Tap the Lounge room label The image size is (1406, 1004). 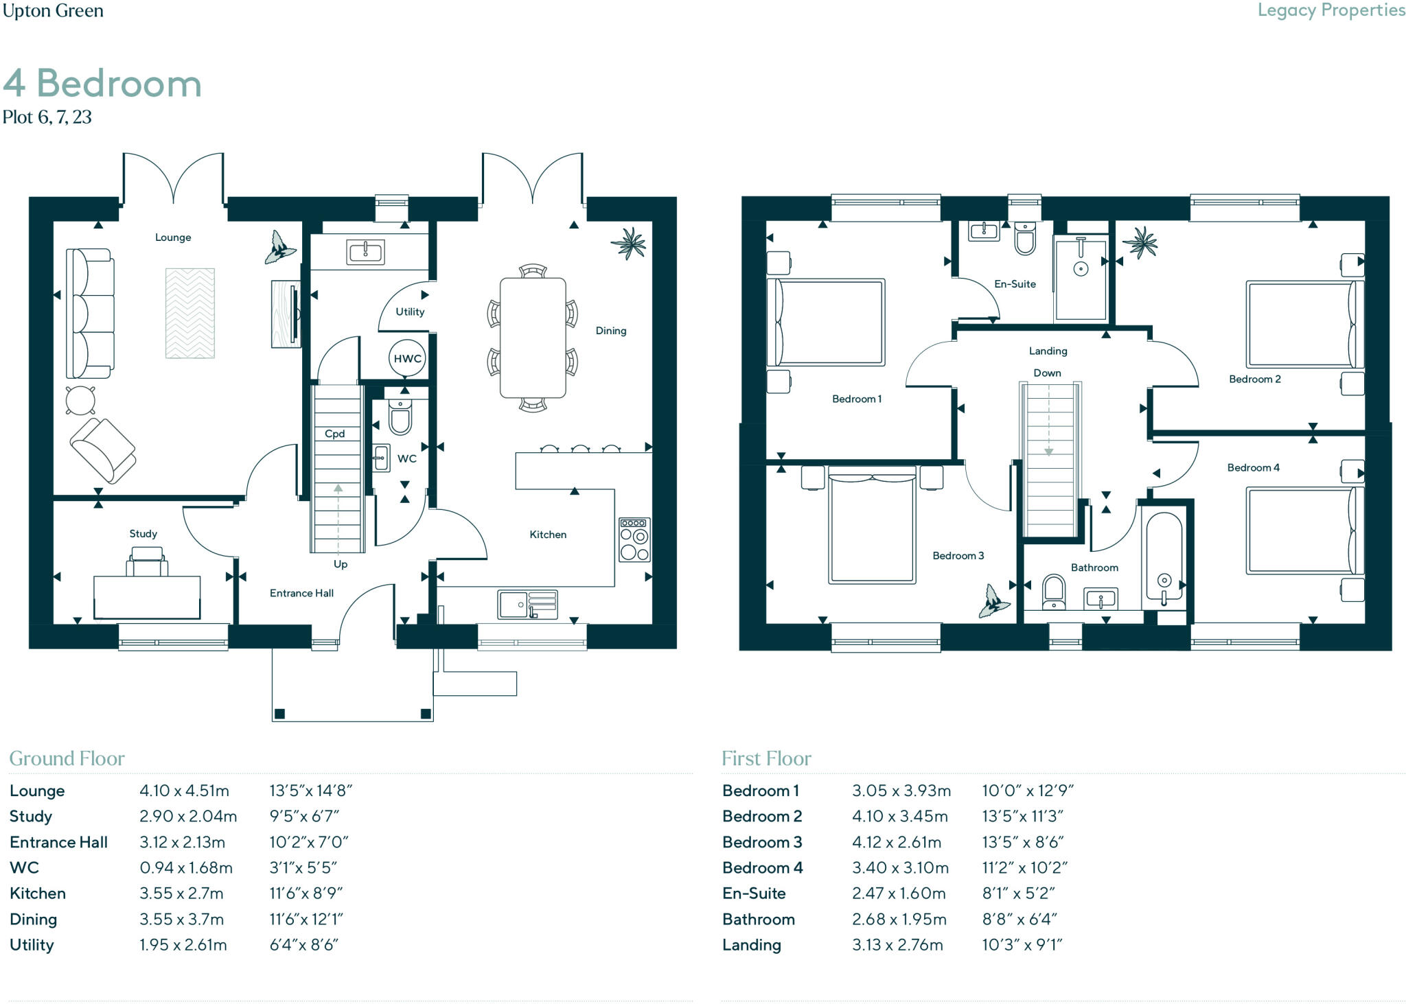173,237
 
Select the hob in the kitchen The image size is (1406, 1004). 634,540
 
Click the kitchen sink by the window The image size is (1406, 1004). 528,605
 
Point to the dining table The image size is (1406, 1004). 533,338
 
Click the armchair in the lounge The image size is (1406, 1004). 103,450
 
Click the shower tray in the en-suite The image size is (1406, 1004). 1081,279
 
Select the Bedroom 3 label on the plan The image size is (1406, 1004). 958,556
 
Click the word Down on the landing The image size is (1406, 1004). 1048,373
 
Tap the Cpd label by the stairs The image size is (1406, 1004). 334,434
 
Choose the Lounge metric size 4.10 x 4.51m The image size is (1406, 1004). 184,791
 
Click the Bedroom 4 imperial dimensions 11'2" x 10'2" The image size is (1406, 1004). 1025,867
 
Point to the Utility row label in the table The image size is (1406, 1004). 32,945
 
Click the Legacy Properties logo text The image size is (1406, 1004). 1331,10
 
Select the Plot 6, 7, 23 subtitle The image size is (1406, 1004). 47,117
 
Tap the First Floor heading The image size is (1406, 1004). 766,758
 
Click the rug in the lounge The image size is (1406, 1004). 190,313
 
